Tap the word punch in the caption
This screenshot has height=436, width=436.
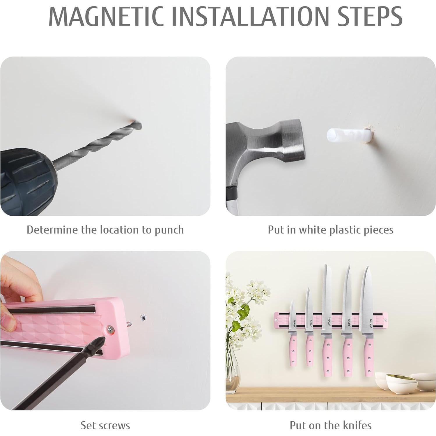coord(169,230)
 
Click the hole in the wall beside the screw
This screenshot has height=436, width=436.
coord(143,317)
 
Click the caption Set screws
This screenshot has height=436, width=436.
coord(105,425)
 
